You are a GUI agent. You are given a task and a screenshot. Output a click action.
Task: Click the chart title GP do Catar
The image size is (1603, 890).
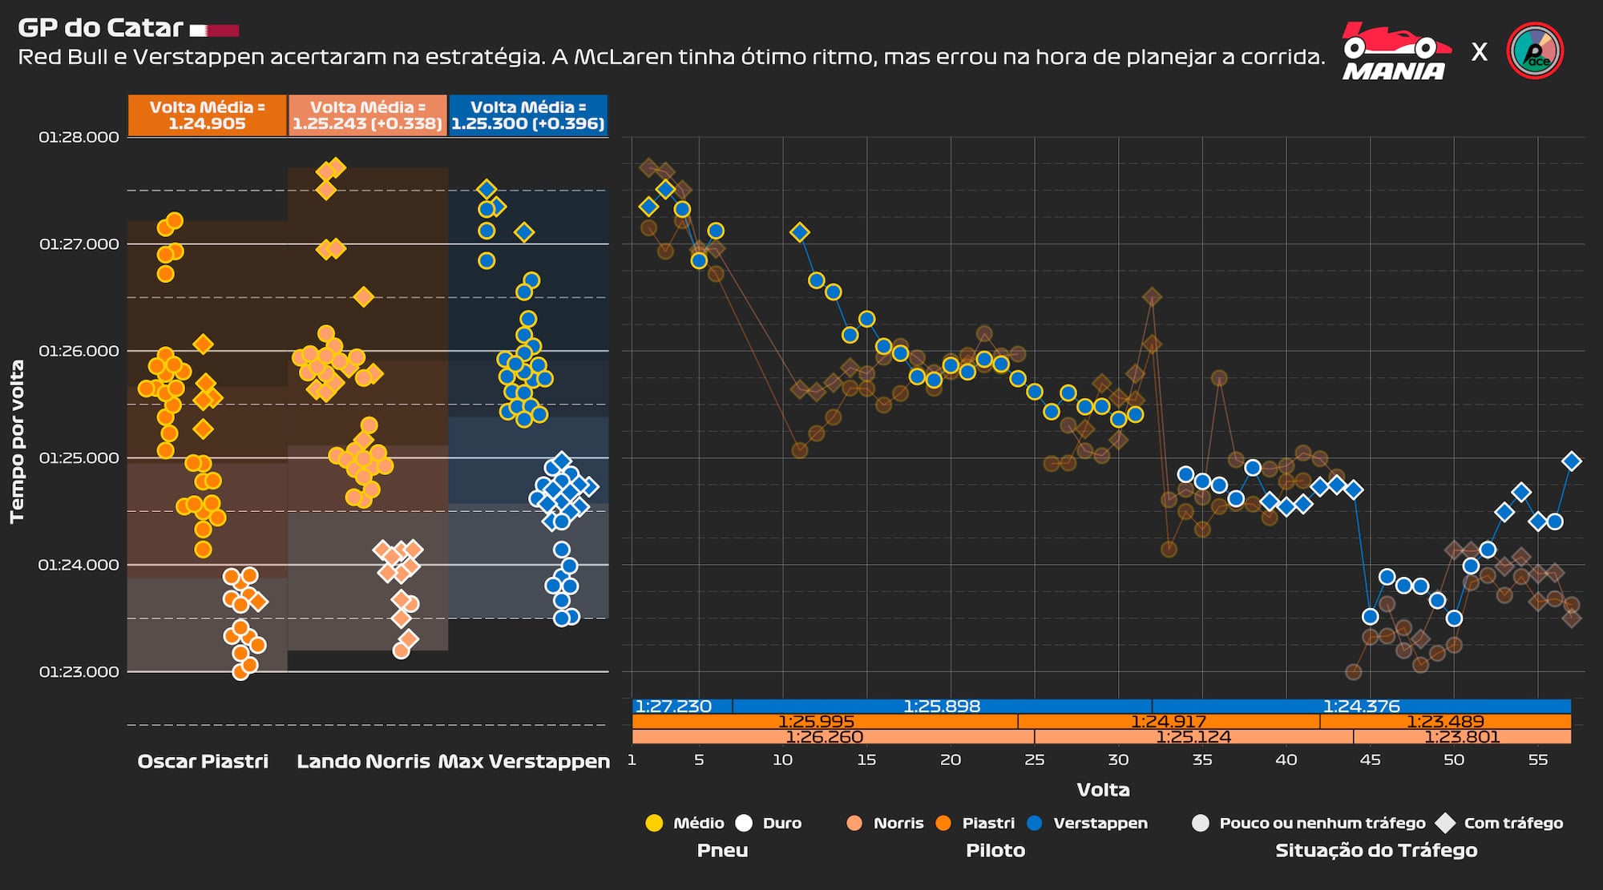click(101, 28)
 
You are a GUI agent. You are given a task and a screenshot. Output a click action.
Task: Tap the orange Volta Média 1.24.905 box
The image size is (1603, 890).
click(207, 115)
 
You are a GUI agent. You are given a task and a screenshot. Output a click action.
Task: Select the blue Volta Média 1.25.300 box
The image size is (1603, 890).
click(527, 115)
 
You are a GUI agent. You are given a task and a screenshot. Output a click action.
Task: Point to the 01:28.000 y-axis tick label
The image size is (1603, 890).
click(79, 137)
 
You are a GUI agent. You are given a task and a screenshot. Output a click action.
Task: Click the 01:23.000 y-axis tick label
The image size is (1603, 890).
click(79, 671)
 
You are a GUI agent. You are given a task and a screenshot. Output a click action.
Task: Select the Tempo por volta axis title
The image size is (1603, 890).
click(17, 441)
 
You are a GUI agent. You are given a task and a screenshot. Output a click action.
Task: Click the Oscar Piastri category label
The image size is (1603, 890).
click(203, 761)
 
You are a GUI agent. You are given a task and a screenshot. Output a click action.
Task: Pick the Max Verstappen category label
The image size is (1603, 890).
click(524, 761)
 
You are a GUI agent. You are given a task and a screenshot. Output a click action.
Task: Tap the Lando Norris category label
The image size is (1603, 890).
click(363, 761)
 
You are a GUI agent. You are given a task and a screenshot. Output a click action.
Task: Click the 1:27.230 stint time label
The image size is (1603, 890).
click(673, 707)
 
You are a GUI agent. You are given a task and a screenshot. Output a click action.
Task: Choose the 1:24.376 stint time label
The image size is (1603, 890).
click(1361, 707)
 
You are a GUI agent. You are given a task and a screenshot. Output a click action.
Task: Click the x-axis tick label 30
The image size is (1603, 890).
click(1118, 759)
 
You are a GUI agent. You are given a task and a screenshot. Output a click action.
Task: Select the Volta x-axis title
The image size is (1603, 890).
click(1103, 790)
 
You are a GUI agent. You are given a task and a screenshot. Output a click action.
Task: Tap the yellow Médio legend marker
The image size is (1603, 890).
click(654, 823)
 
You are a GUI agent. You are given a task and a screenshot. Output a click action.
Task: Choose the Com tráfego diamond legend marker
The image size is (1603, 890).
click(1445, 823)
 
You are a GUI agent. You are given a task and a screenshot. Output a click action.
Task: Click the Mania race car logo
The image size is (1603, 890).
click(1395, 51)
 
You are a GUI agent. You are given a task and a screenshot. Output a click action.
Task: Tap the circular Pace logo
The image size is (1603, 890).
click(1535, 51)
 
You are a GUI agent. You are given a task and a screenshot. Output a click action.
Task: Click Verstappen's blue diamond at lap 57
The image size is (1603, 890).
click(1572, 461)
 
